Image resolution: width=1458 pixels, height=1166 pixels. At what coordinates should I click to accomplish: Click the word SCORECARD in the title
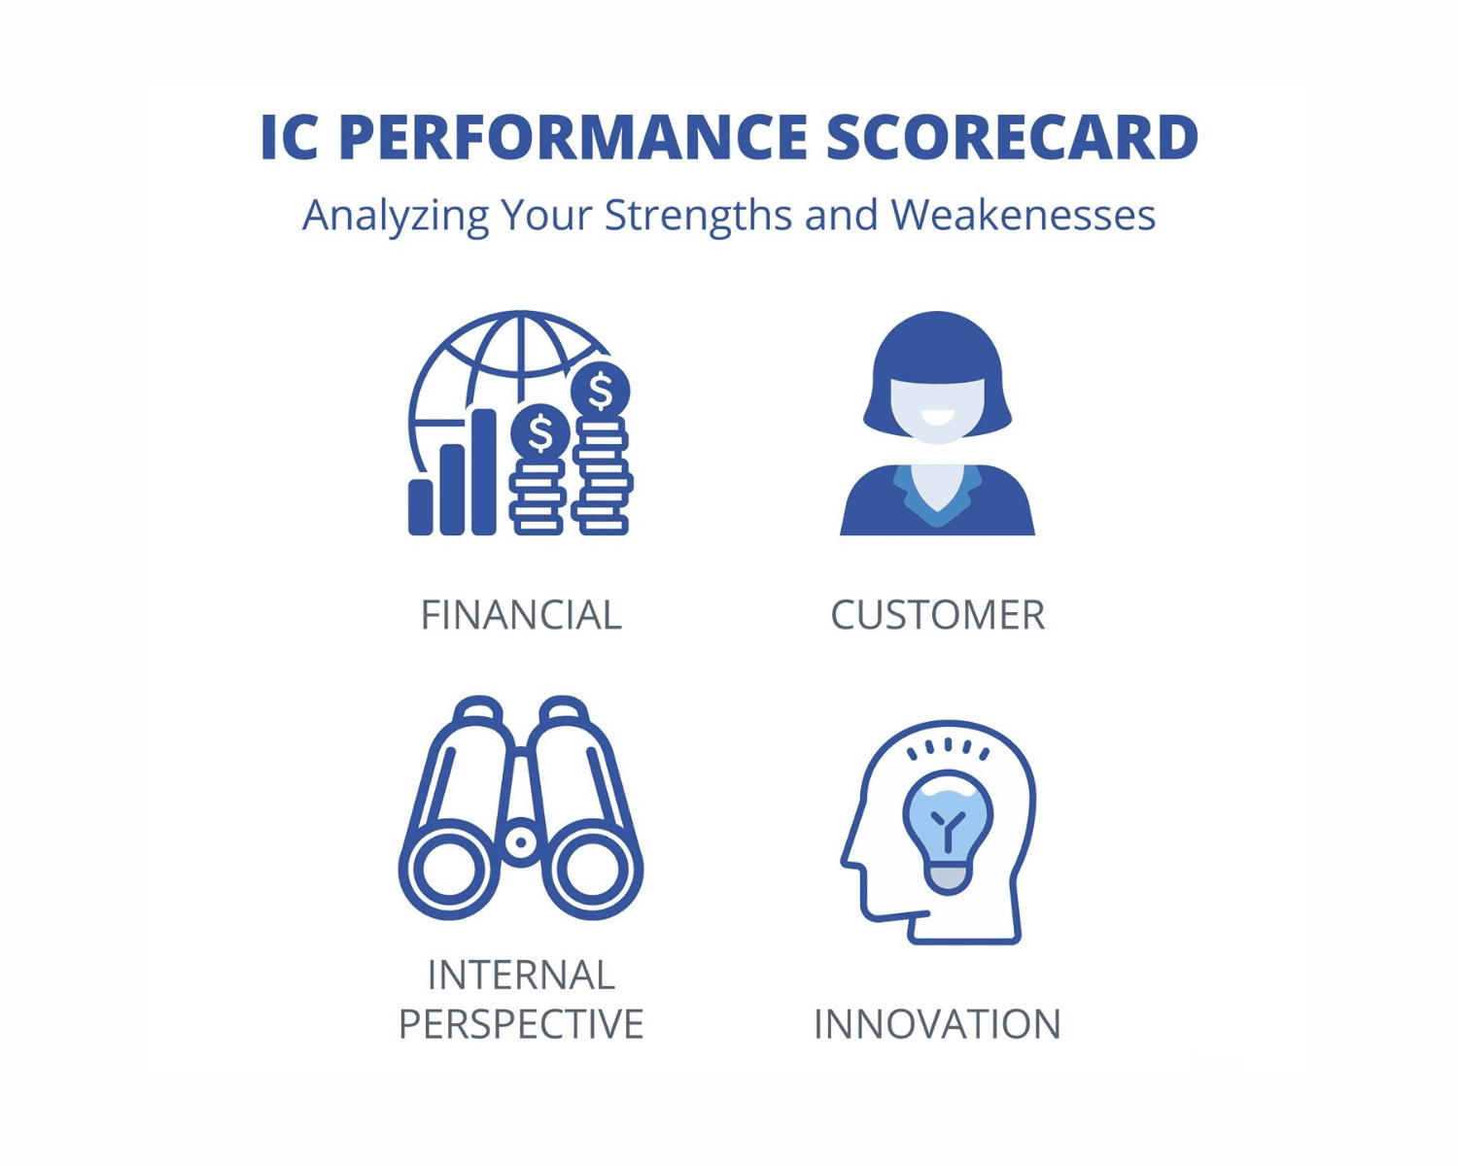pyautogui.click(x=1012, y=137)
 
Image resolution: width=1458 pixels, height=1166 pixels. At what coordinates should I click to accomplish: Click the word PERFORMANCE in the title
pyautogui.click(x=573, y=137)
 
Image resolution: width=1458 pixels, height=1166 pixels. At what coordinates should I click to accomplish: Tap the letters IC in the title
pyautogui.click(x=290, y=137)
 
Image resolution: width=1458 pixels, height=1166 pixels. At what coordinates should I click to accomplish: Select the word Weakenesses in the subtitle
pyautogui.click(x=1024, y=215)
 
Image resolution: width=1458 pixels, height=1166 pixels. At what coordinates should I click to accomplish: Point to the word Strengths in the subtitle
pyautogui.click(x=699, y=217)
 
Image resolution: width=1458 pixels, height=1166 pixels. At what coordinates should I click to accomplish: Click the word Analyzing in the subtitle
pyautogui.click(x=396, y=217)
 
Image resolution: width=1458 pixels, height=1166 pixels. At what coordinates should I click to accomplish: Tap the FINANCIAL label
pyautogui.click(x=521, y=614)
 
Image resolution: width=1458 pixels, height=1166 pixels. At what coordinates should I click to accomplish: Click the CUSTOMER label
pyautogui.click(x=938, y=614)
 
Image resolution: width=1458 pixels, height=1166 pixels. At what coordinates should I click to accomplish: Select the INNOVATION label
pyautogui.click(x=937, y=1023)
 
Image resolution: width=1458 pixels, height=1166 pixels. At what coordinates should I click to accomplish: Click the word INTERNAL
pyautogui.click(x=521, y=975)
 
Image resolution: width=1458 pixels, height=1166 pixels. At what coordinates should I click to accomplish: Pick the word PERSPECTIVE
pyautogui.click(x=521, y=1023)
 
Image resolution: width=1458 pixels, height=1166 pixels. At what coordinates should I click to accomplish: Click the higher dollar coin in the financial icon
pyautogui.click(x=601, y=391)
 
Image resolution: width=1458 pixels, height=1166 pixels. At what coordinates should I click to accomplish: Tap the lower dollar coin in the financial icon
pyautogui.click(x=540, y=433)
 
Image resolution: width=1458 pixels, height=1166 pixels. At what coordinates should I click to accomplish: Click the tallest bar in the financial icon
pyautogui.click(x=484, y=471)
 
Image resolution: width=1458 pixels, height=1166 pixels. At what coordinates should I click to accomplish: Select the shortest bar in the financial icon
pyautogui.click(x=420, y=507)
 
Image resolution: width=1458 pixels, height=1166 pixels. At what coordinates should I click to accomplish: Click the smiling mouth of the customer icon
pyautogui.click(x=938, y=418)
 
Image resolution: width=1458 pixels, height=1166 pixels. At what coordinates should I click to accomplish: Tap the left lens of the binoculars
pyautogui.click(x=449, y=870)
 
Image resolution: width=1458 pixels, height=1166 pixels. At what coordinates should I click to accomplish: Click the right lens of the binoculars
pyautogui.click(x=592, y=870)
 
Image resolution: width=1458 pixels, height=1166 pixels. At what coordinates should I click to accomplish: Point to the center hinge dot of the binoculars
pyautogui.click(x=520, y=842)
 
